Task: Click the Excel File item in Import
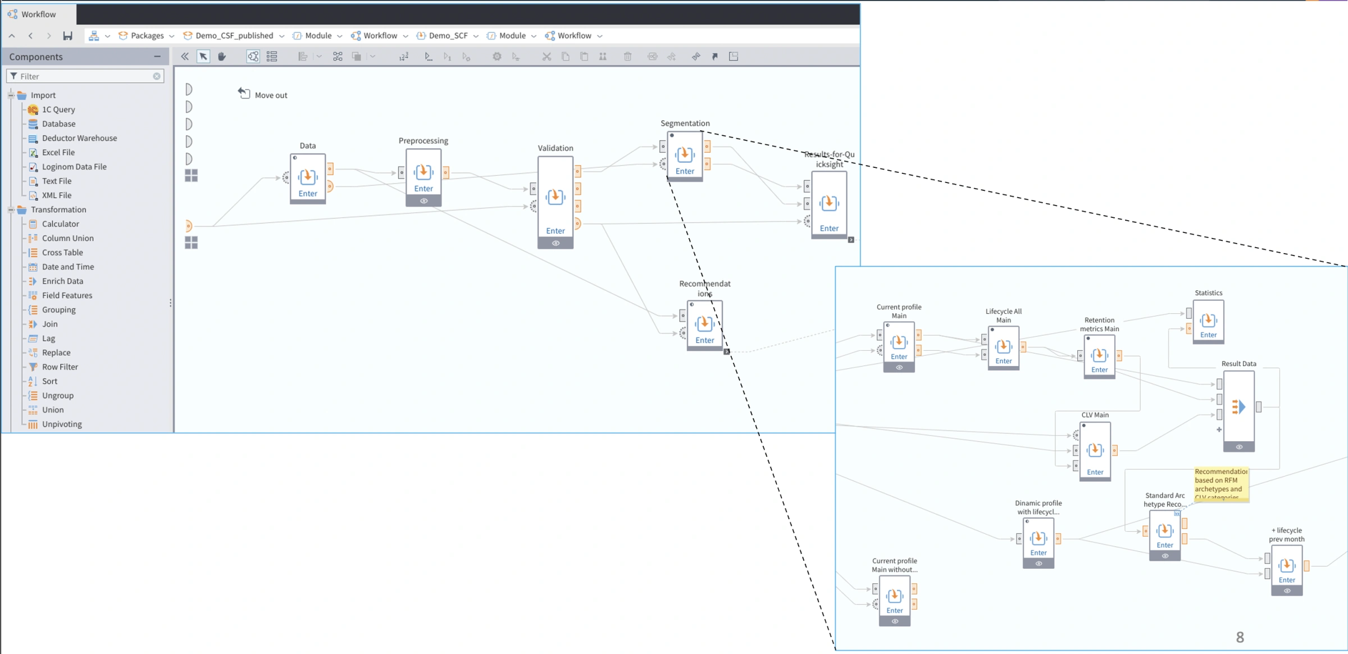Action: point(58,152)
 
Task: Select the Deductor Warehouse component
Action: point(79,138)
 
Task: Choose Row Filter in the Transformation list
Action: point(60,367)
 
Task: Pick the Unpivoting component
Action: point(62,424)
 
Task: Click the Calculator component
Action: point(60,223)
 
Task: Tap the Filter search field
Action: point(84,76)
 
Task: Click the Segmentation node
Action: point(684,156)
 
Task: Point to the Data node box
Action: point(307,178)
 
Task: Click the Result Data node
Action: point(1238,409)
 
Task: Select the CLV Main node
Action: point(1095,451)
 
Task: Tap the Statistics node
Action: point(1208,322)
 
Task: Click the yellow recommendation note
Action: point(1221,483)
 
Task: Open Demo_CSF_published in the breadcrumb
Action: point(234,35)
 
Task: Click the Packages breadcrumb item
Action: point(147,35)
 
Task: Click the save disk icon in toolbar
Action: point(67,36)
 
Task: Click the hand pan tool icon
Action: point(222,56)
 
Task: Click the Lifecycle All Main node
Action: point(1003,348)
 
